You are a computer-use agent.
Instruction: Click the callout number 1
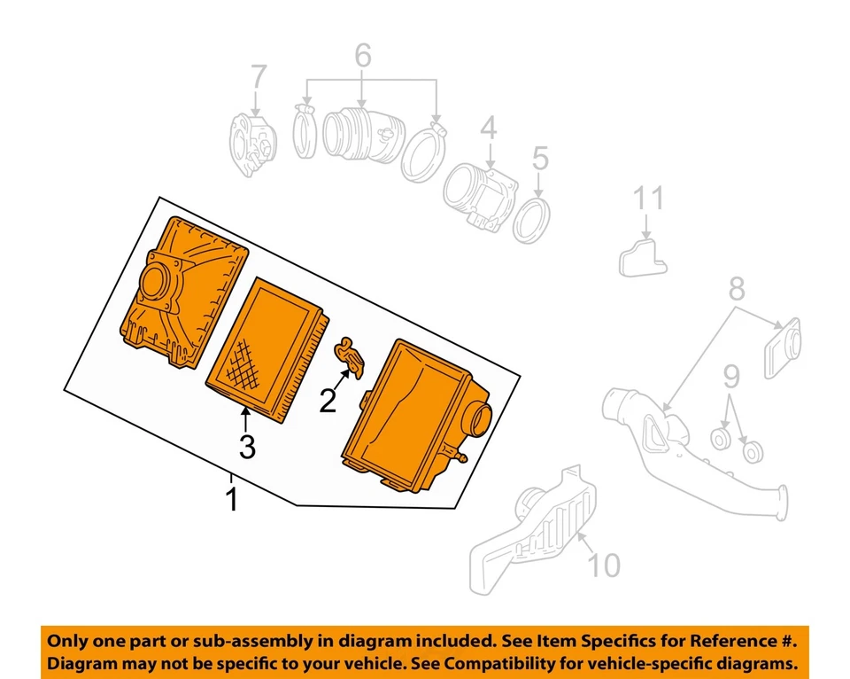coord(232,498)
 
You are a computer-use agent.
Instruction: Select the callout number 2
coord(328,402)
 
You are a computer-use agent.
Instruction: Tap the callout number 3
coord(247,447)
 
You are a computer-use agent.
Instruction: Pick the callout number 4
coord(489,130)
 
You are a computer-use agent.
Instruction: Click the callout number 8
coord(737,289)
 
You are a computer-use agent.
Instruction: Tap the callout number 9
coord(730,380)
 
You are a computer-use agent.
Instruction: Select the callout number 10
coord(605,565)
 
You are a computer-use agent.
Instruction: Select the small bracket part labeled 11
coord(639,255)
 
